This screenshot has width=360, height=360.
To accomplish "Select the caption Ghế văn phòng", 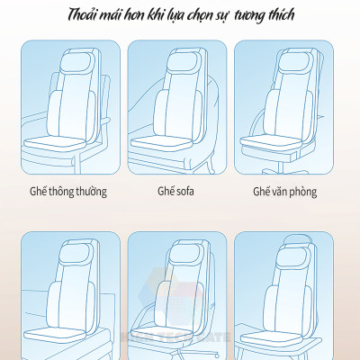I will [284, 192].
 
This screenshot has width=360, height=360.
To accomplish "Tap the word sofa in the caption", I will [186, 192].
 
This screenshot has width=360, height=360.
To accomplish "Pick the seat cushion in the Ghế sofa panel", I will [173, 140].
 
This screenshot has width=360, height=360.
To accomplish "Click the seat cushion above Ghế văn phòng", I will [280, 140].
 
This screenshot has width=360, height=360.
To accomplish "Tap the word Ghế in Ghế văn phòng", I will [262, 192].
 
